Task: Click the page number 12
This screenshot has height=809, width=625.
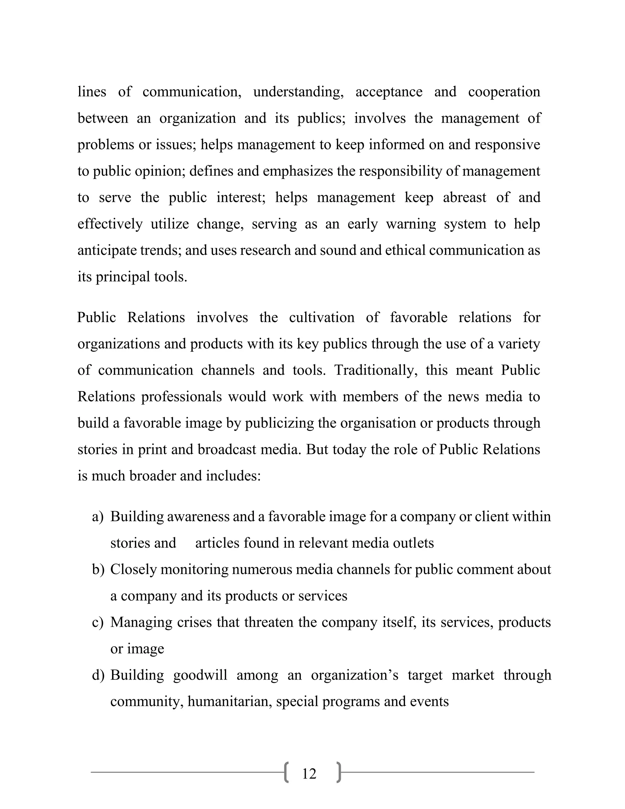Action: (309, 774)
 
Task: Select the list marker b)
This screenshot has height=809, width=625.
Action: (98, 569)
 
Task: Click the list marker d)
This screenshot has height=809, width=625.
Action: (98, 675)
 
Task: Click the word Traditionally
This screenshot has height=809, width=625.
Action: (376, 370)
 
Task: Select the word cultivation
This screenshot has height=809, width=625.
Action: (321, 317)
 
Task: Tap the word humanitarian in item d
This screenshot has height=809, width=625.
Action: (229, 702)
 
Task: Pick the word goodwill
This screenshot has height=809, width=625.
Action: (200, 675)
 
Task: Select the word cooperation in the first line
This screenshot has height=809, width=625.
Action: (504, 92)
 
